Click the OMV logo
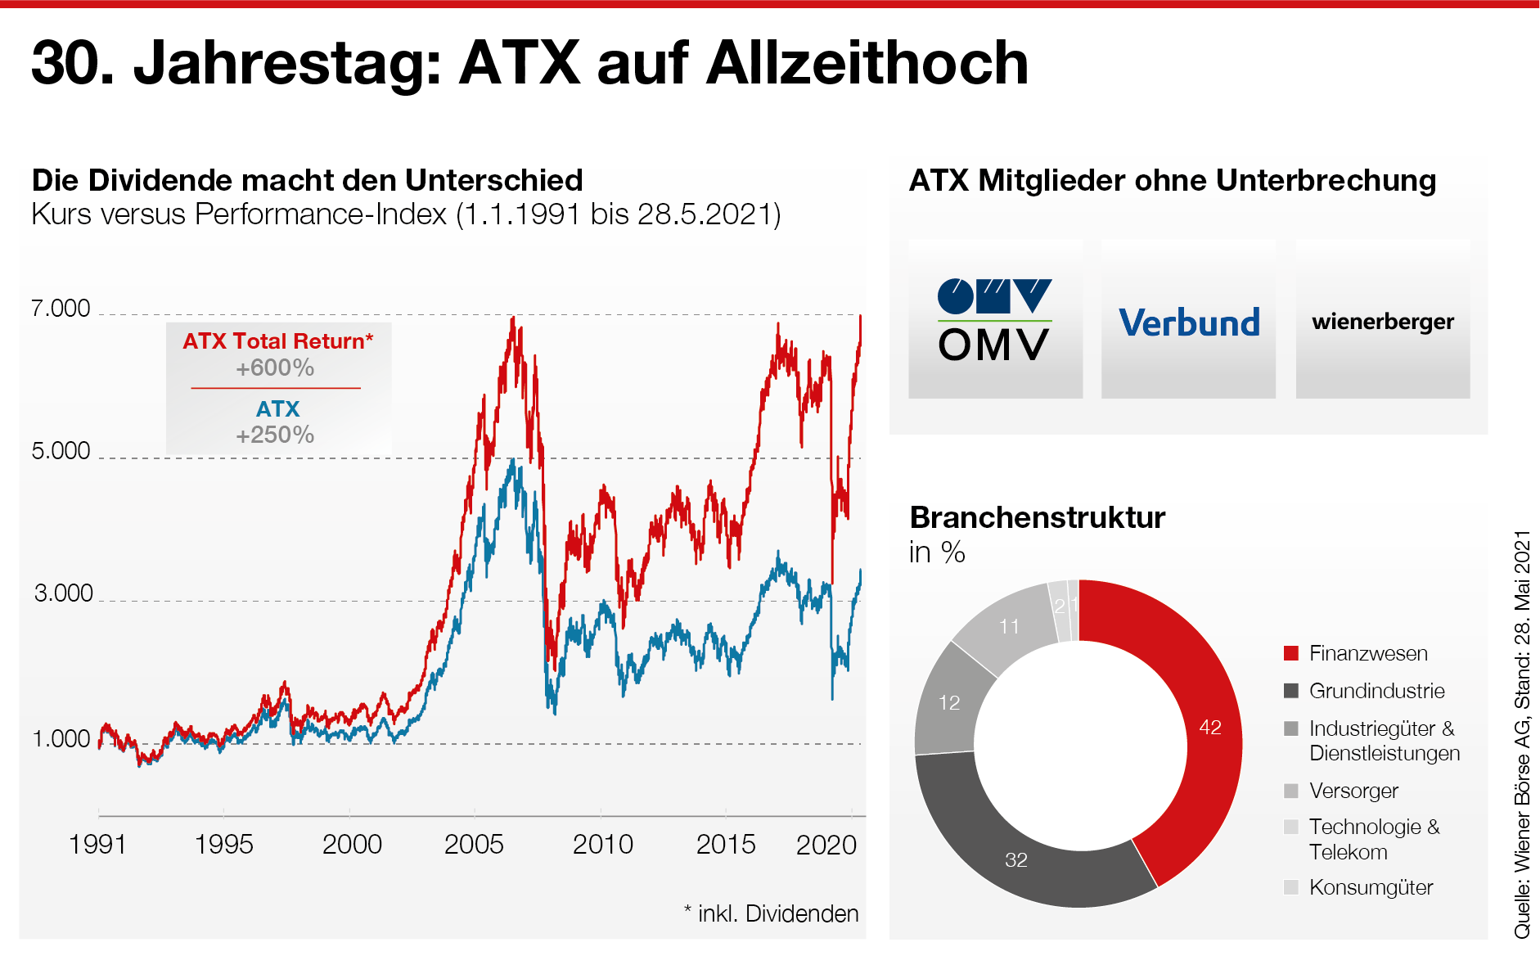tap(995, 320)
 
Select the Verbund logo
tap(1189, 322)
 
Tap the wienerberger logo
tap(1383, 322)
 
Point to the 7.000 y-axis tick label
tap(61, 309)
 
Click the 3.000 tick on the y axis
tap(63, 593)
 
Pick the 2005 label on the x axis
tap(474, 844)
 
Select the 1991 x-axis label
tap(98, 844)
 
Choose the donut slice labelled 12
tap(948, 704)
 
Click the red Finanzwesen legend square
tap(1291, 653)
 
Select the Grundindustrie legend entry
tap(1376, 691)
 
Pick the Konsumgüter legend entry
tap(1371, 887)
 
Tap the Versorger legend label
tap(1353, 791)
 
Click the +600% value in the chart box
tap(275, 368)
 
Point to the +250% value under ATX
tap(275, 435)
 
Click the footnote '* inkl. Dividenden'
tap(771, 913)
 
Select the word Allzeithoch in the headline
tap(867, 63)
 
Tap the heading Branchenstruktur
tap(1037, 517)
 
